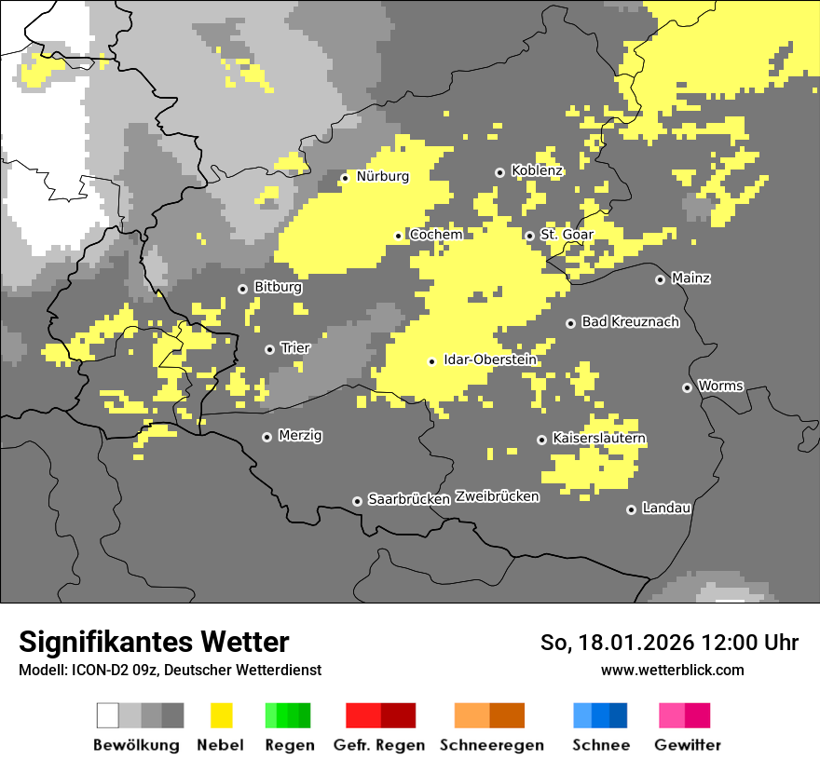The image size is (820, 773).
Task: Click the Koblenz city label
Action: click(x=537, y=171)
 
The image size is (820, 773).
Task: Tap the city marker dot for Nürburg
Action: click(x=345, y=177)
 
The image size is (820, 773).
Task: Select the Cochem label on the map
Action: click(x=435, y=235)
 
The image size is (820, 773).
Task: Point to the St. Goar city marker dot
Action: click(x=530, y=236)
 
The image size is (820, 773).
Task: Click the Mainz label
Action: click(x=690, y=278)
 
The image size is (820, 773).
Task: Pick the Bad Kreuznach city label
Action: click(x=630, y=322)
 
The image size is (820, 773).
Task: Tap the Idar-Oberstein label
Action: click(x=489, y=359)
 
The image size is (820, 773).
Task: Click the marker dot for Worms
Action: click(x=688, y=387)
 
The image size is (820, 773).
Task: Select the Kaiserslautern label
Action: click(x=599, y=438)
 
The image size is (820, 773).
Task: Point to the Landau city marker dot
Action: click(x=632, y=509)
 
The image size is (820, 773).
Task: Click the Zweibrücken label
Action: click(x=498, y=496)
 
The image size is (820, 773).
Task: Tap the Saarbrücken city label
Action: click(x=409, y=499)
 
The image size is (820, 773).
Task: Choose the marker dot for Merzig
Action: click(x=267, y=437)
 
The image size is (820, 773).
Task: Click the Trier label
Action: click(x=295, y=348)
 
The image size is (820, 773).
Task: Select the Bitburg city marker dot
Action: click(x=243, y=289)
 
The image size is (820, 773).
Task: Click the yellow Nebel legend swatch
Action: click(x=221, y=715)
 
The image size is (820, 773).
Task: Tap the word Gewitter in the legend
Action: click(x=688, y=745)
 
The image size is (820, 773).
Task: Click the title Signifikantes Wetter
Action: click(x=154, y=642)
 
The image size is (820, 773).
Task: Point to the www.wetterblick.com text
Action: click(x=672, y=670)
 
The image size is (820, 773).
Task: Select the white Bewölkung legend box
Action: click(x=108, y=715)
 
